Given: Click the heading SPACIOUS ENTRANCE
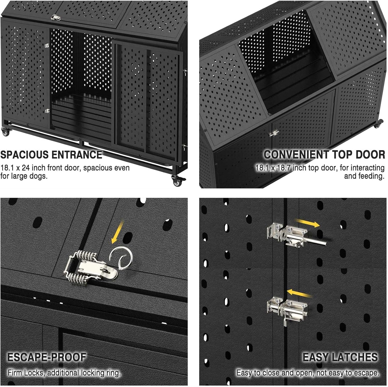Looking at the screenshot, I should pos(51,155).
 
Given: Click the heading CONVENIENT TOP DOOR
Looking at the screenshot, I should pos(324,155).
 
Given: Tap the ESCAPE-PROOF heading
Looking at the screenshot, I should pos(47,357).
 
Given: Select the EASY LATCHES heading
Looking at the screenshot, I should pos(340,357).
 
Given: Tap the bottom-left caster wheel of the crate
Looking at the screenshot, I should pos(5,132).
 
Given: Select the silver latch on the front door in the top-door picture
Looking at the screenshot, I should pos(273,133).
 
